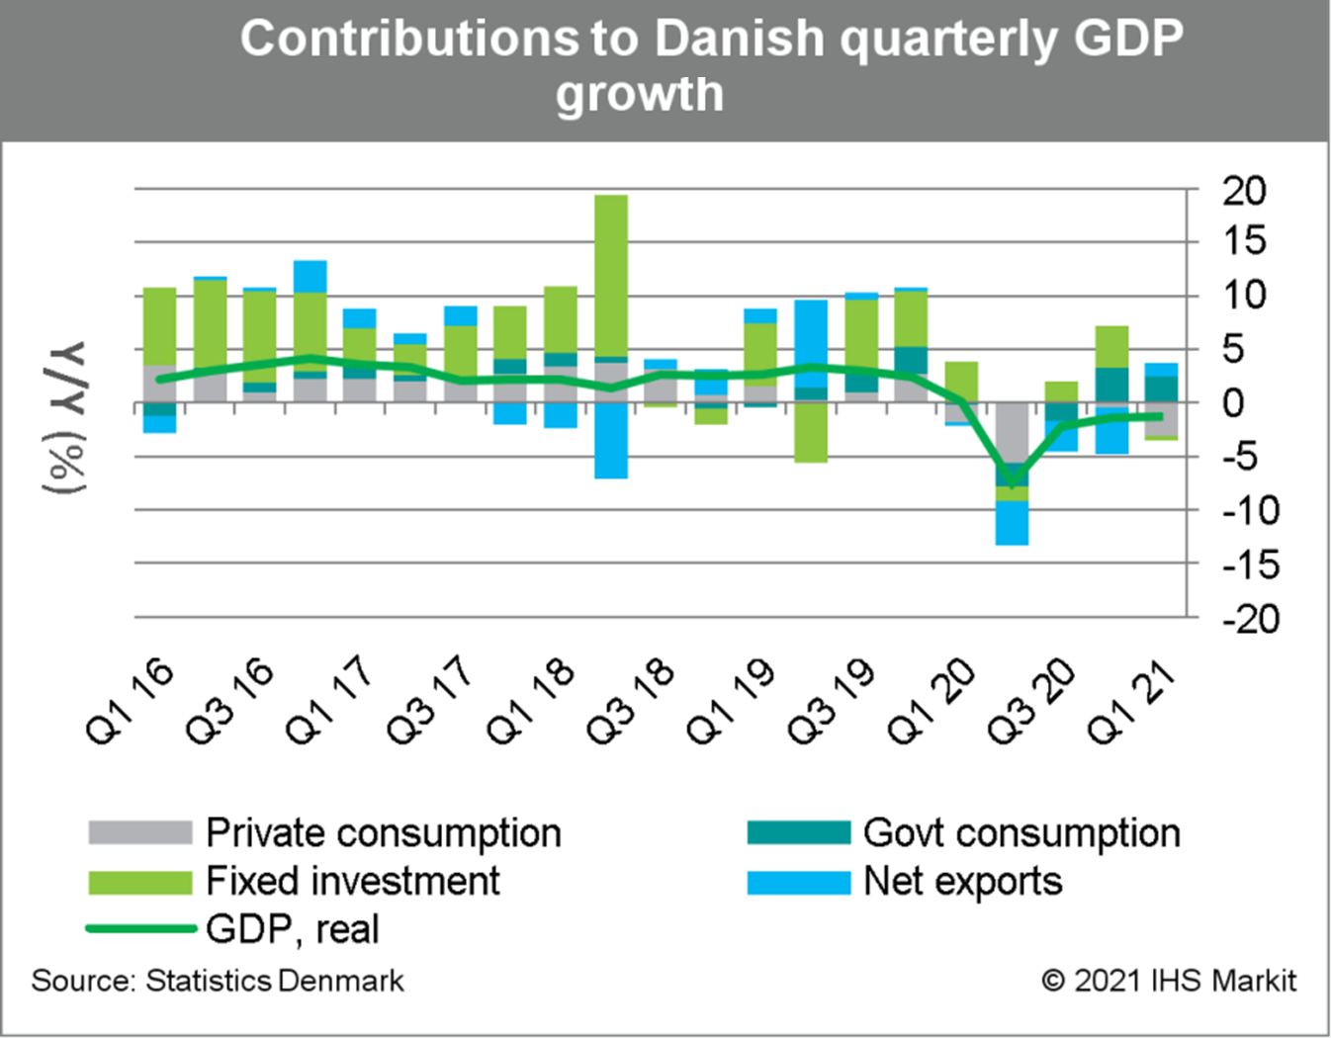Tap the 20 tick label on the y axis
pos(1244,191)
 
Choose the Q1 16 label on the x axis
pos(132,701)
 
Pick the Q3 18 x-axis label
pos(631,701)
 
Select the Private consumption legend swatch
pos(139,832)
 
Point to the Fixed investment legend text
pos(353,881)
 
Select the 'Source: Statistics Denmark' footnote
pos(218,981)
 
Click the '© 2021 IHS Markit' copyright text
pos(1168,981)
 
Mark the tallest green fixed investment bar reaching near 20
pos(611,277)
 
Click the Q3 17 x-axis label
pos(431,701)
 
